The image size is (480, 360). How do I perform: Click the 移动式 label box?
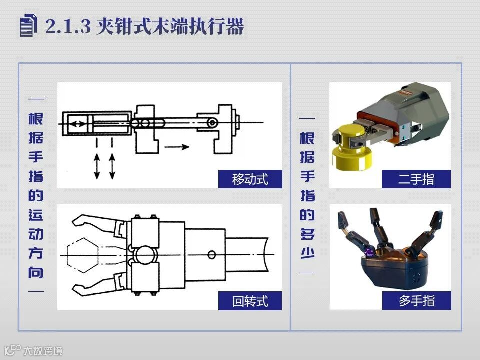pos(250,179)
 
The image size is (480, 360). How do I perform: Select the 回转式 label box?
pos(250,301)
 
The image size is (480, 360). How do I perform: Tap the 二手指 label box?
pos(416,179)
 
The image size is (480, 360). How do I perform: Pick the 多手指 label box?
pos(416,300)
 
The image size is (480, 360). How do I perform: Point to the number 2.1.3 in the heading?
pos(68,26)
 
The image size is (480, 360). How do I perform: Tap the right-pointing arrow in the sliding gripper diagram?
pos(177,147)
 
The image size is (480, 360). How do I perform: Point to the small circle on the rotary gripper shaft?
pos(211,254)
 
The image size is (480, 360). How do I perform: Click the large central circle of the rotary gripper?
pos(145,254)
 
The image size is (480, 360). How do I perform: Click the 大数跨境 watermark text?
pos(43,351)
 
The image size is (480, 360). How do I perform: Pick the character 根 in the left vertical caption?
pos(36,119)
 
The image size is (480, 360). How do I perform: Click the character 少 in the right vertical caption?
pos(307,253)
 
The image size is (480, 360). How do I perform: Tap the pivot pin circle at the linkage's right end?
pos(212,123)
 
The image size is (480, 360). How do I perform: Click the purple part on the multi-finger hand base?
pos(369,252)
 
